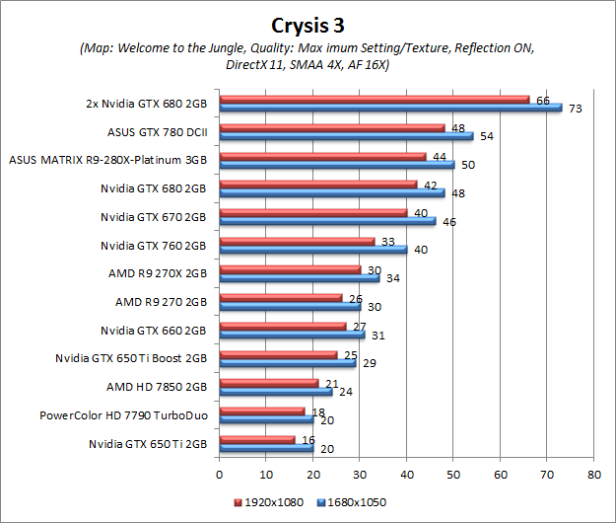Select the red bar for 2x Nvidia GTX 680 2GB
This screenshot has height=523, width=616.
coord(375,99)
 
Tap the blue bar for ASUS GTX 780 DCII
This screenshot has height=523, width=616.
coord(346,135)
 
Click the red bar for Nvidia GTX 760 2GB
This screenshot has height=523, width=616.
coord(297,241)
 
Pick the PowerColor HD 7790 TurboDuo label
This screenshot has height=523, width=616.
coord(123,416)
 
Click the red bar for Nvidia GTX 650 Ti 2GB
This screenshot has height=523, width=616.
coord(256,439)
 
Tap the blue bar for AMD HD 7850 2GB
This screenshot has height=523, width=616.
coord(275,391)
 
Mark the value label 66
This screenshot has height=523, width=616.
coord(542,101)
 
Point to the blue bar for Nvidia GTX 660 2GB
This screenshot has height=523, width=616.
coord(292,335)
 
